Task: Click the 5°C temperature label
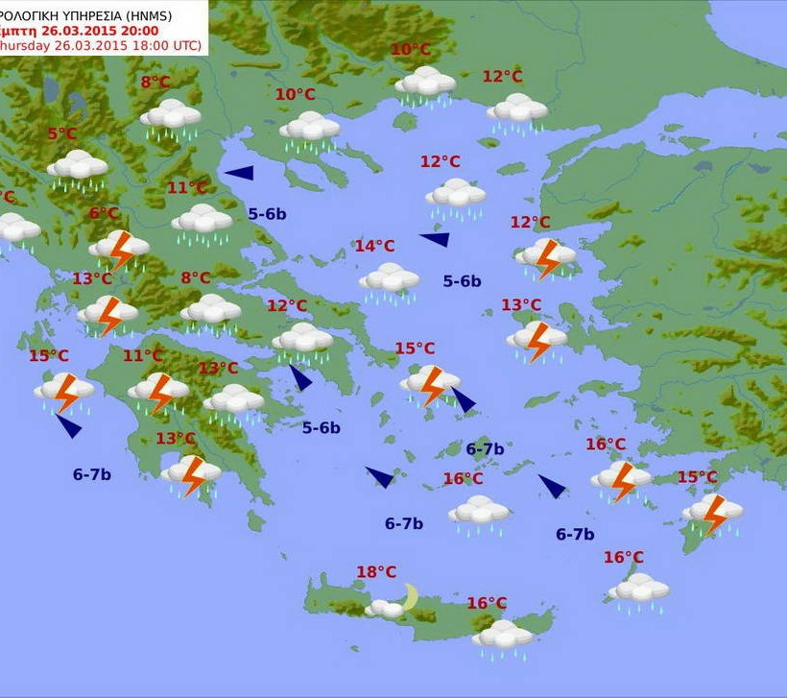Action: [x=62, y=134]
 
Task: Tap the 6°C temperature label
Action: [x=105, y=213]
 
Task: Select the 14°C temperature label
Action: [x=374, y=246]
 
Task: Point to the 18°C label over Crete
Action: [x=376, y=572]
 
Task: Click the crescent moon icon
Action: [x=411, y=596]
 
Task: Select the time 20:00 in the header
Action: [x=139, y=30]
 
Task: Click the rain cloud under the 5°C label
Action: [x=78, y=167]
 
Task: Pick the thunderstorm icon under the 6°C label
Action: [x=120, y=249]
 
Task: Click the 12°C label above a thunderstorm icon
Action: [x=530, y=223]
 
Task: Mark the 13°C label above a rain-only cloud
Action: [x=218, y=368]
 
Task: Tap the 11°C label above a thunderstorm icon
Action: [x=143, y=356]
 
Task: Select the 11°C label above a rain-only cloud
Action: [x=187, y=188]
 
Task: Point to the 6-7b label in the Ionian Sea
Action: [x=92, y=474]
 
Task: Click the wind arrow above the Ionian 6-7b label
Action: [x=68, y=425]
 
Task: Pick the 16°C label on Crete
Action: [x=487, y=603]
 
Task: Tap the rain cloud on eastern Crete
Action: [x=502, y=636]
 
